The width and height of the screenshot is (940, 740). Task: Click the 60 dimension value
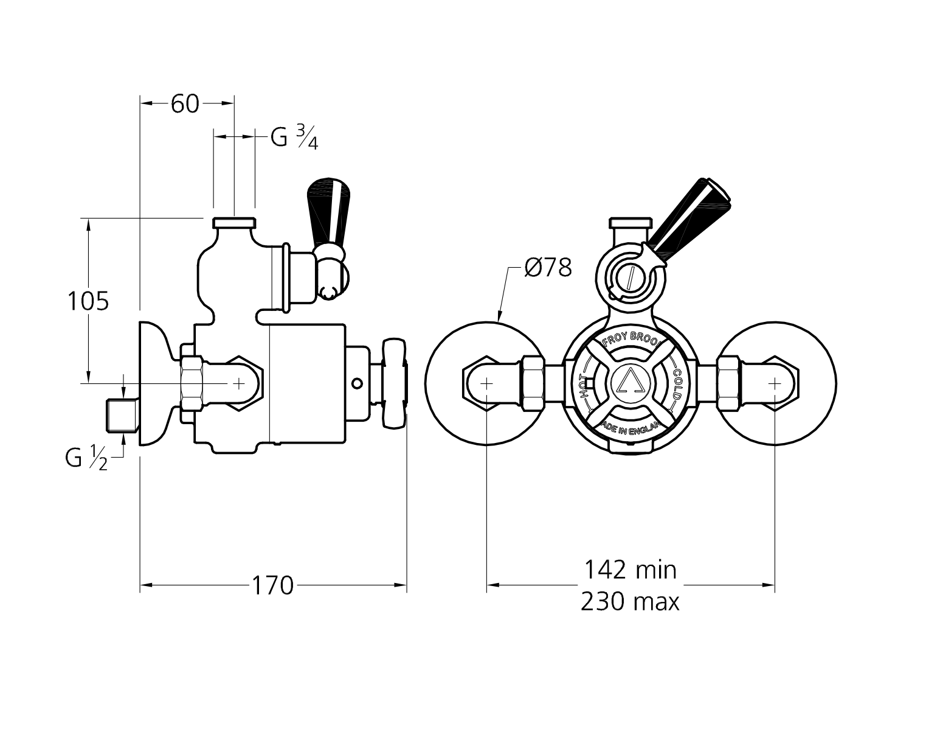tap(185, 104)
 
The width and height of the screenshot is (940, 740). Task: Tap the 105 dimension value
tap(88, 301)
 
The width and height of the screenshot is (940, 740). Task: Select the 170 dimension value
tap(273, 586)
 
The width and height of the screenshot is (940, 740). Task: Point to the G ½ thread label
tap(86, 458)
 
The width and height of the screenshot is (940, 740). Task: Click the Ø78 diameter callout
tap(547, 268)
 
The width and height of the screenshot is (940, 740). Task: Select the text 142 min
tap(630, 570)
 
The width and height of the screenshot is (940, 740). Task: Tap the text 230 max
tap(630, 602)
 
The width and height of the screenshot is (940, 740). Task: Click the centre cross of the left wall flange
tap(487, 383)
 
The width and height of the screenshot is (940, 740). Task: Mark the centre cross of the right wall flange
tap(774, 383)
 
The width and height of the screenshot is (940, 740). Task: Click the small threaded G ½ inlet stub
tap(120, 414)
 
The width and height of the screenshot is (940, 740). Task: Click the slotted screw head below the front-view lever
tap(631, 278)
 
